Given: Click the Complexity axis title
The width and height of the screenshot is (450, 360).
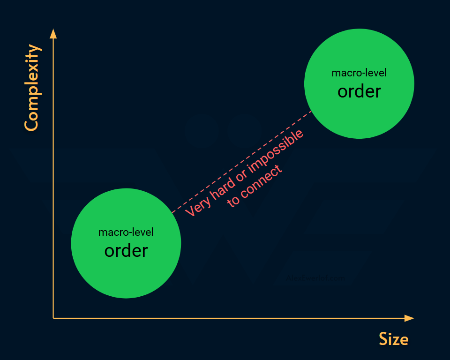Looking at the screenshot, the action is pyautogui.click(x=31, y=88).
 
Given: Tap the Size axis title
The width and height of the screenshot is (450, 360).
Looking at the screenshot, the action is pyautogui.click(x=393, y=339).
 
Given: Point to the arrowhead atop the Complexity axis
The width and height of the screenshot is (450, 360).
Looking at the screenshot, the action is pyautogui.click(x=53, y=34).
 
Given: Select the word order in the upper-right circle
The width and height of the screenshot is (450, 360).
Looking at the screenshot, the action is pyautogui.click(x=359, y=91).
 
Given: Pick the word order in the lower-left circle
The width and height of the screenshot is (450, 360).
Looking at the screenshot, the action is pyautogui.click(x=126, y=251).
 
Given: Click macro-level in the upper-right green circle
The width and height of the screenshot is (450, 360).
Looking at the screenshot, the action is pyautogui.click(x=359, y=73).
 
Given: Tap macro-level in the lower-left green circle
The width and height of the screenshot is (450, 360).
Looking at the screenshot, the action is pyautogui.click(x=126, y=232).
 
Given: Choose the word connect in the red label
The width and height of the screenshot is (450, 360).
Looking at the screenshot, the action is pyautogui.click(x=263, y=181).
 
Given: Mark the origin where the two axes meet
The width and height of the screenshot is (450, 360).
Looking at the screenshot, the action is pyautogui.click(x=53, y=318).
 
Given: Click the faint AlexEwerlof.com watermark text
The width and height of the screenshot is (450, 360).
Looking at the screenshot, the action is pyautogui.click(x=315, y=278).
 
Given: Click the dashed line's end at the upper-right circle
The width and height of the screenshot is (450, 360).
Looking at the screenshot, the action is pyautogui.click(x=312, y=111).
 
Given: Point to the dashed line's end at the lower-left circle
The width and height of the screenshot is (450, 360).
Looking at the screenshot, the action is pyautogui.click(x=172, y=213).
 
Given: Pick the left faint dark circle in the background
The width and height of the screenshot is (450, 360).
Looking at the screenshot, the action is pyautogui.click(x=201, y=132).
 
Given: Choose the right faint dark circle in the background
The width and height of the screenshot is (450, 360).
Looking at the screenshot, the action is pyautogui.click(x=244, y=132).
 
